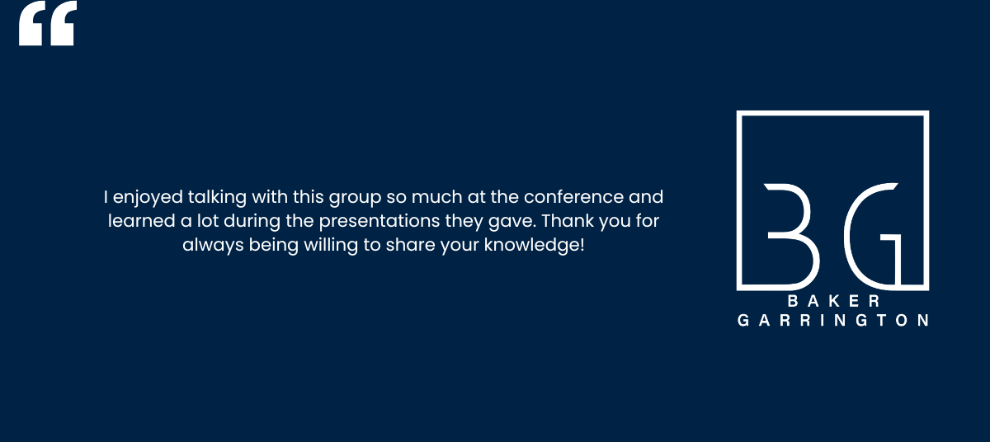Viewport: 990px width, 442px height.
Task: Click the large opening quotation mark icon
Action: (48, 23)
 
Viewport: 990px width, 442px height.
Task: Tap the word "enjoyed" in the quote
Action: (148, 198)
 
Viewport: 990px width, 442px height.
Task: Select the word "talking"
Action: (217, 198)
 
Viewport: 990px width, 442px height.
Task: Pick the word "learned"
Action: (141, 221)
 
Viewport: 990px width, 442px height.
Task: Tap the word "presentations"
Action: (379, 222)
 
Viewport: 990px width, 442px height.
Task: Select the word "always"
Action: (213, 246)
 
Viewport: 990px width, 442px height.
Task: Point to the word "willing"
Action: (331, 246)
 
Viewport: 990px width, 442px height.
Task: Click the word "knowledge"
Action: (531, 246)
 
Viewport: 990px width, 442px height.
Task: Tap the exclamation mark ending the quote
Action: (582, 245)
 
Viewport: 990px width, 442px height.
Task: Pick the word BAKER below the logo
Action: (833, 301)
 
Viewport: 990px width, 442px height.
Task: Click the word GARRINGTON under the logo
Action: (832, 320)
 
